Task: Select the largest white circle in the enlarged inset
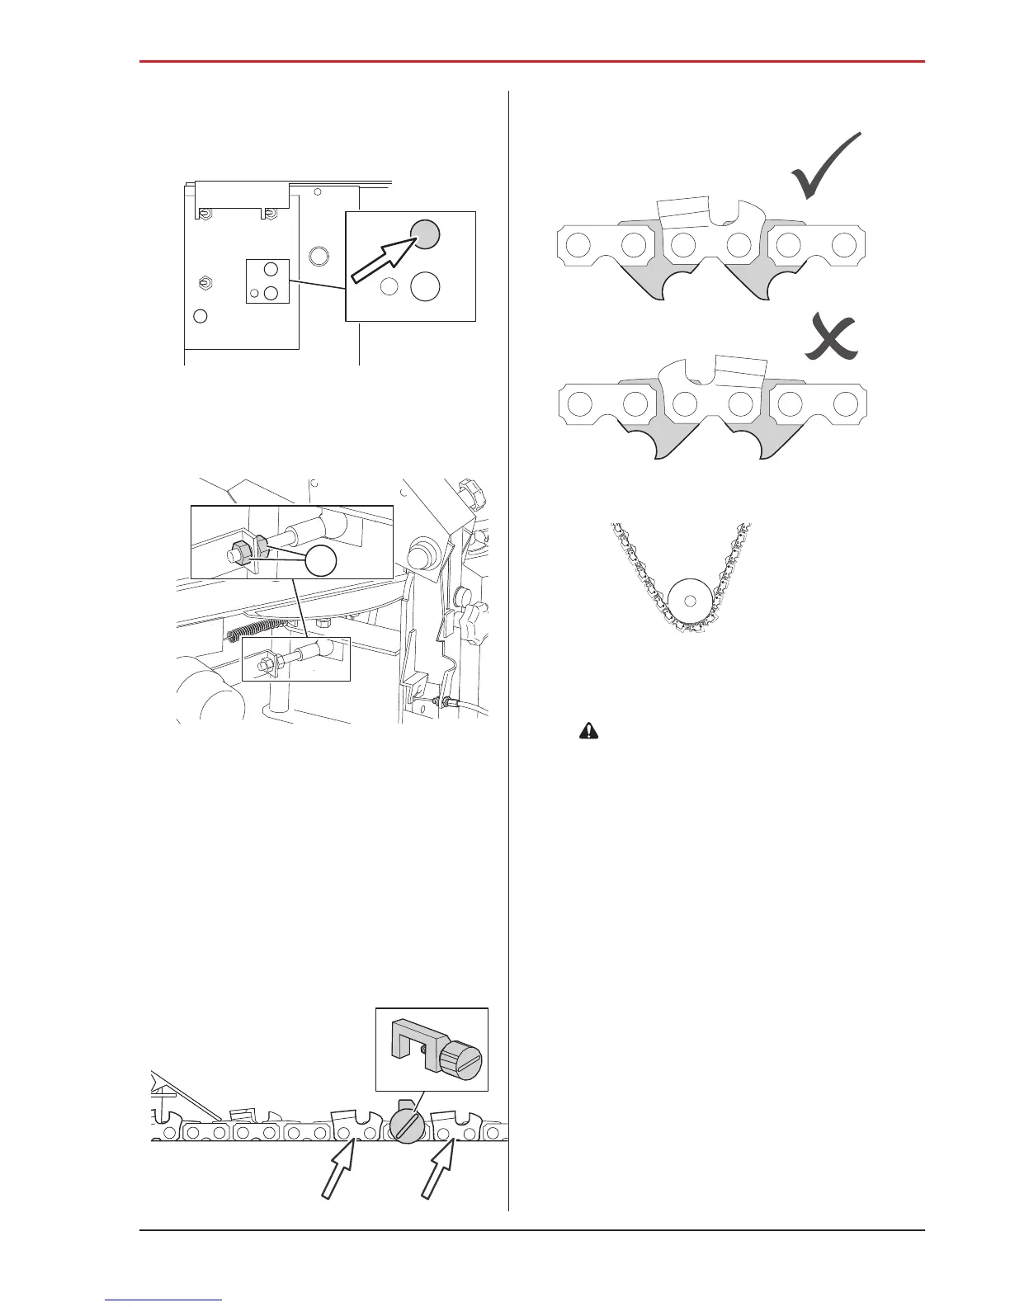point(425,286)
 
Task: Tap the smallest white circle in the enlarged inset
point(390,287)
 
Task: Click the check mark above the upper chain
point(825,168)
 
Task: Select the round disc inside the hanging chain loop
point(690,600)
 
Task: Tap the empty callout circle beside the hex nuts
point(322,561)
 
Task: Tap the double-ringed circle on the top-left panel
point(318,254)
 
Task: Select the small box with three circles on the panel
point(268,281)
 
